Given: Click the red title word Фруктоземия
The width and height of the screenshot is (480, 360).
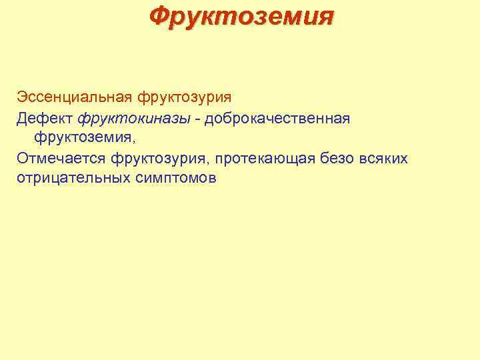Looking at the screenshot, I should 240,15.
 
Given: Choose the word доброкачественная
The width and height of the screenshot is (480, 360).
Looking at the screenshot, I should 278,119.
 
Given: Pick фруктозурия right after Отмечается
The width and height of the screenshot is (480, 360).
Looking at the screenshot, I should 158,159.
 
